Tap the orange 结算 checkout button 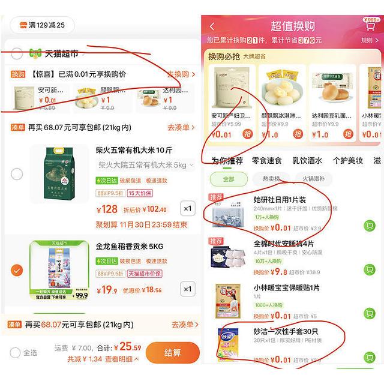click(172, 352)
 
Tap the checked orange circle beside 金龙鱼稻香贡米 click(17, 270)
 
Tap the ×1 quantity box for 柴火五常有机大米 click(188, 209)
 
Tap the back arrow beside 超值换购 click(212, 26)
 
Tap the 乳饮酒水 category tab click(307, 161)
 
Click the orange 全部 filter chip click(229, 179)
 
